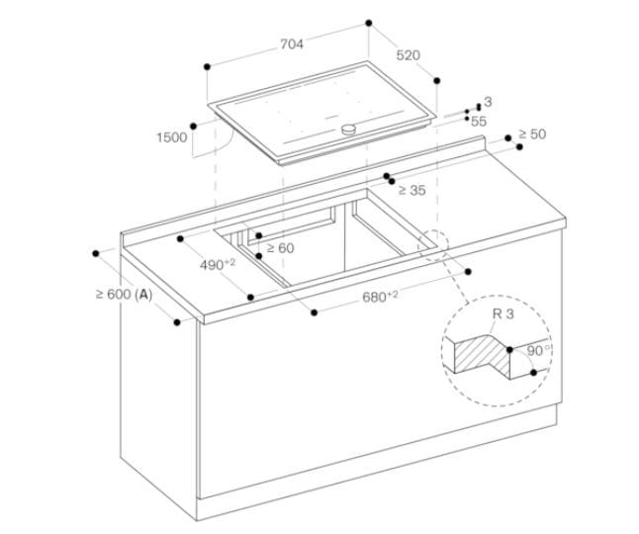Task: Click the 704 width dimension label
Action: tap(292, 44)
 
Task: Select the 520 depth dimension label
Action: tap(408, 55)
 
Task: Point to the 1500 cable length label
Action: tap(171, 137)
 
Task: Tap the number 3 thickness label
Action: tap(488, 102)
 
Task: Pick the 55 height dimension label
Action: tap(479, 121)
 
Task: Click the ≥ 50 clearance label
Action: tap(531, 133)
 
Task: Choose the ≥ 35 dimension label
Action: tap(411, 189)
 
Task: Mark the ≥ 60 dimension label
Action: tap(280, 248)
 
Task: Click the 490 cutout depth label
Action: tap(217, 265)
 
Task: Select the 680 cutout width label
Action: tap(379, 297)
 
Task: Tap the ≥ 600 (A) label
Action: tap(124, 294)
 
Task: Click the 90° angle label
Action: tap(537, 350)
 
